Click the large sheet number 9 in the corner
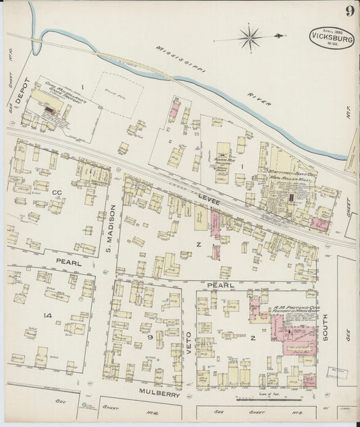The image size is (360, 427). click(x=349, y=11)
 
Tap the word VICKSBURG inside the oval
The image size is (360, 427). click(x=332, y=38)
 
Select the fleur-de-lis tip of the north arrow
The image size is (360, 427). click(x=281, y=35)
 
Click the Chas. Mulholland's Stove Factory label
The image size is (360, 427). click(x=60, y=93)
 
